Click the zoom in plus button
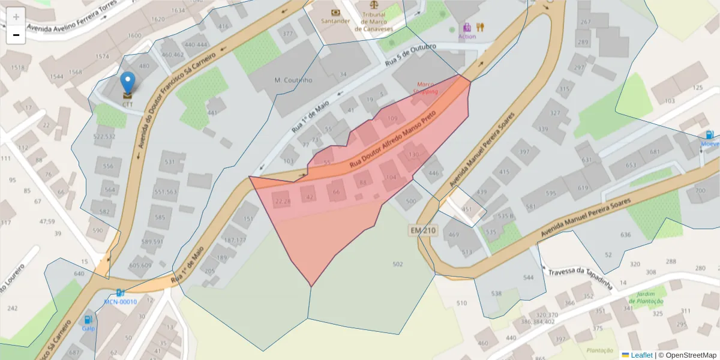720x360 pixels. [16, 17]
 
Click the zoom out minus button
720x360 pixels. [16, 35]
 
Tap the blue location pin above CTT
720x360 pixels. [128, 83]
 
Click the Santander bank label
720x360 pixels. [335, 21]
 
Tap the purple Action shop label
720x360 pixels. [467, 36]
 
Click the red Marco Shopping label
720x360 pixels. [425, 88]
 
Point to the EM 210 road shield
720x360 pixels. [424, 230]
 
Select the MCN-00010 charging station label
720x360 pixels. [120, 301]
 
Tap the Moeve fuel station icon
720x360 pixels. [709, 136]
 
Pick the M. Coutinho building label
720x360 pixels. [293, 80]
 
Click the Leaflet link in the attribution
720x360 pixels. [641, 355]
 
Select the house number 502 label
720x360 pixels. [397, 264]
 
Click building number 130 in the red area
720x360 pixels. [413, 155]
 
